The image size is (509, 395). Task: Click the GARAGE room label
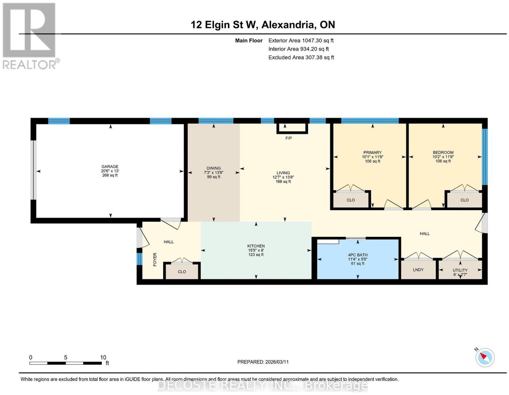click(x=110, y=167)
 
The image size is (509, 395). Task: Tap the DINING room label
click(x=213, y=168)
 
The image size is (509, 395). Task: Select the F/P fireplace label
click(x=289, y=138)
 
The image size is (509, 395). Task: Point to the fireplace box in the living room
click(x=292, y=128)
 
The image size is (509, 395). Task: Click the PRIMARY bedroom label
click(x=373, y=153)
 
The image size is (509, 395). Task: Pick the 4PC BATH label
click(x=358, y=255)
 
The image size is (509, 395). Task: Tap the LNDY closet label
click(x=418, y=270)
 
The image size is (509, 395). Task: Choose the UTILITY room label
click(x=460, y=270)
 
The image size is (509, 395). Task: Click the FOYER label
click(x=155, y=259)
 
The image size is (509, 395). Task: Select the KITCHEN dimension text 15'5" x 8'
click(x=256, y=250)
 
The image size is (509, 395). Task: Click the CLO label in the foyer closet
click(x=182, y=272)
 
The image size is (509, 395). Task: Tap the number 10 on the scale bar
click(x=103, y=358)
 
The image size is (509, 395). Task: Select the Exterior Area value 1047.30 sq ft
click(x=318, y=40)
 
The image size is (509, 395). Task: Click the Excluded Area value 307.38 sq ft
click(x=319, y=57)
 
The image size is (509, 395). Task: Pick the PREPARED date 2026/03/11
click(x=277, y=362)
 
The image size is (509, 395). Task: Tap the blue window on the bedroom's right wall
click(x=485, y=157)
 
